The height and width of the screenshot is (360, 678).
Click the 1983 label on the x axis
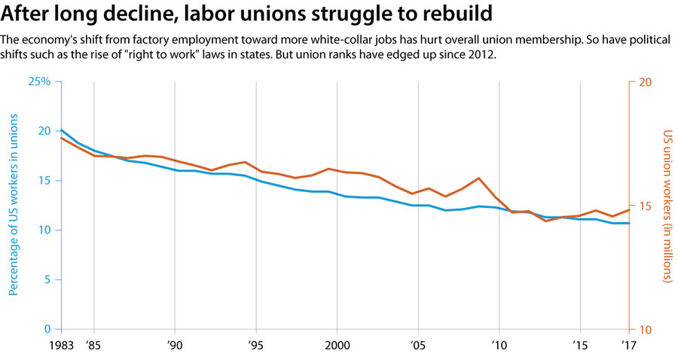tap(62, 346)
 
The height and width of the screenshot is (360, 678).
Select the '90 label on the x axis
tap(175, 346)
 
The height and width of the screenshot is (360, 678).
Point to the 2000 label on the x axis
tap(336, 346)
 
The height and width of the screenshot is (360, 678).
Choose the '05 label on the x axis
tap(417, 346)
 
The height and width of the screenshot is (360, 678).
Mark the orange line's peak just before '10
tap(479, 178)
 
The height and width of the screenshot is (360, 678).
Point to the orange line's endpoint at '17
tap(629, 209)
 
